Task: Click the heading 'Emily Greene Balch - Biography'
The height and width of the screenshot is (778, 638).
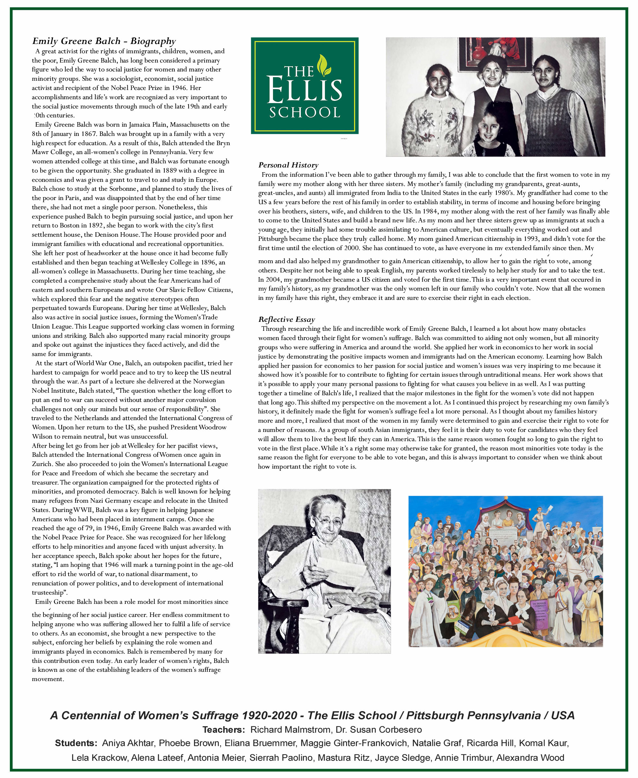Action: tap(104, 41)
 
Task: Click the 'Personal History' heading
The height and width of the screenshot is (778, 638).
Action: tap(288, 165)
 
